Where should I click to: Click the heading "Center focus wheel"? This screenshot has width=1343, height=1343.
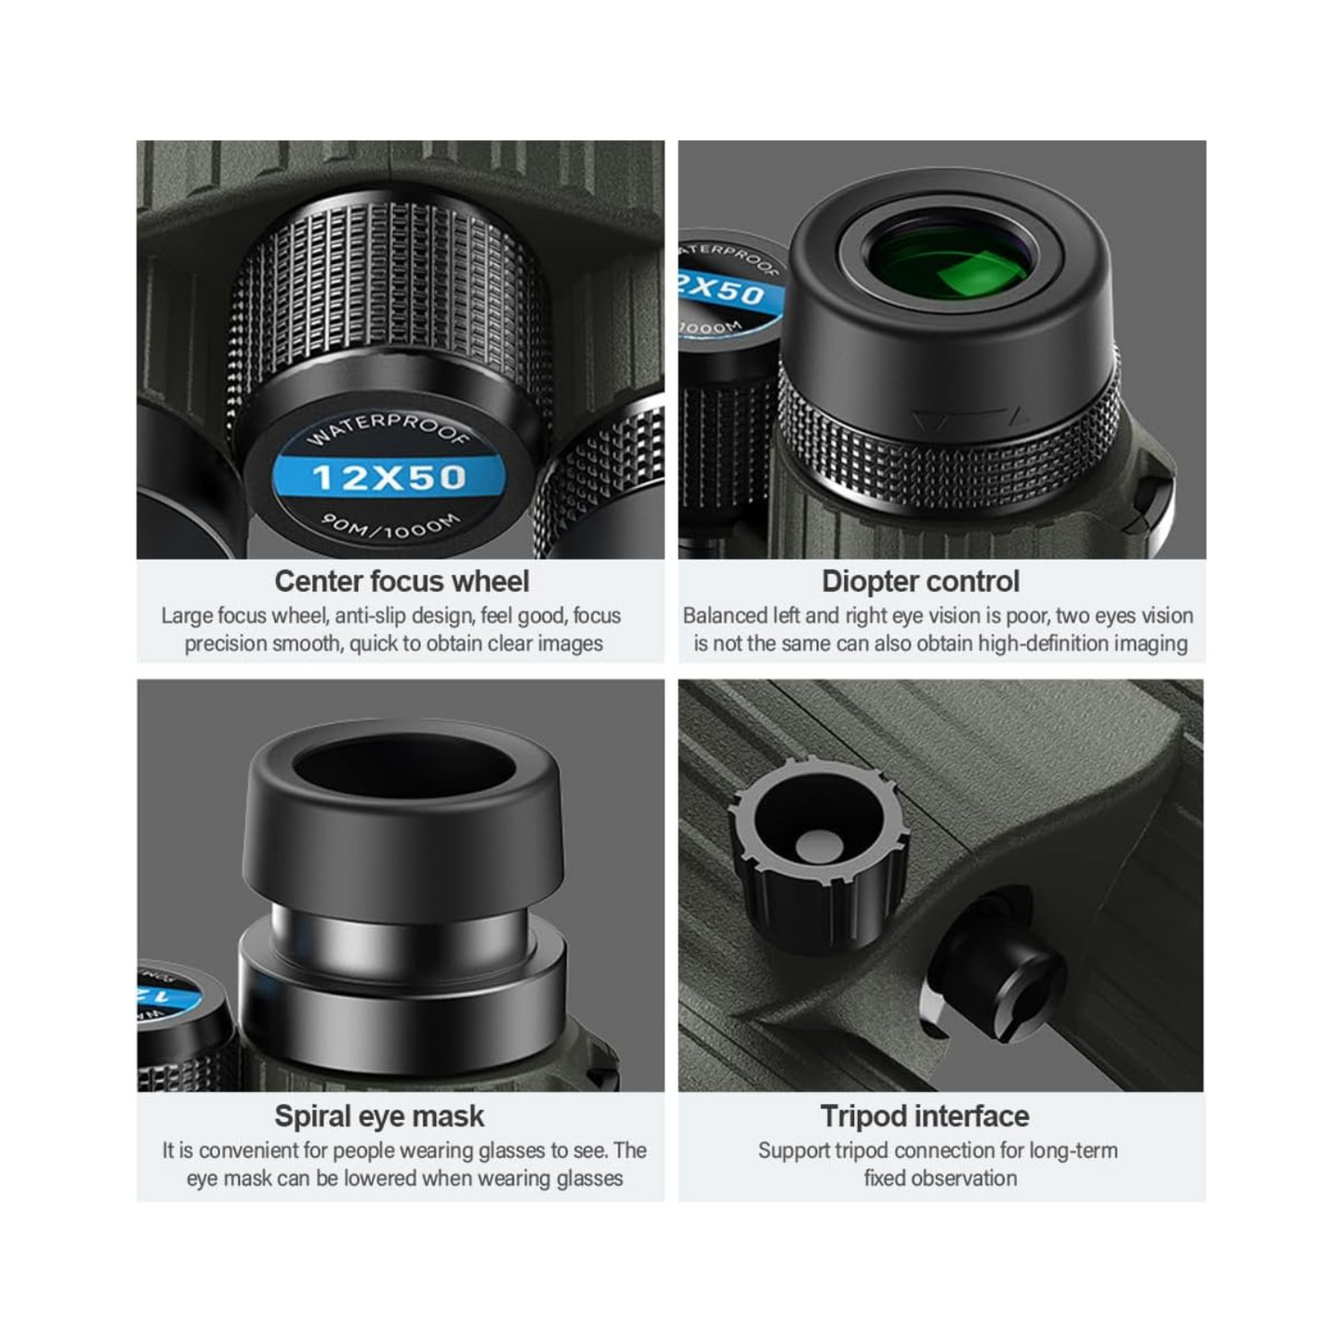402,581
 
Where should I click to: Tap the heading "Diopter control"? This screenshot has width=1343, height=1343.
920,581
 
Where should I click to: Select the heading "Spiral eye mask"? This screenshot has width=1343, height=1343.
379,1116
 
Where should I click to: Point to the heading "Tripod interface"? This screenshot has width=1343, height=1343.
924,1116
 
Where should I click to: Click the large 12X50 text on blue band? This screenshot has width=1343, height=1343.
388,478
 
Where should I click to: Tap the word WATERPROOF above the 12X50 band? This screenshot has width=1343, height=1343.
388,428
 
